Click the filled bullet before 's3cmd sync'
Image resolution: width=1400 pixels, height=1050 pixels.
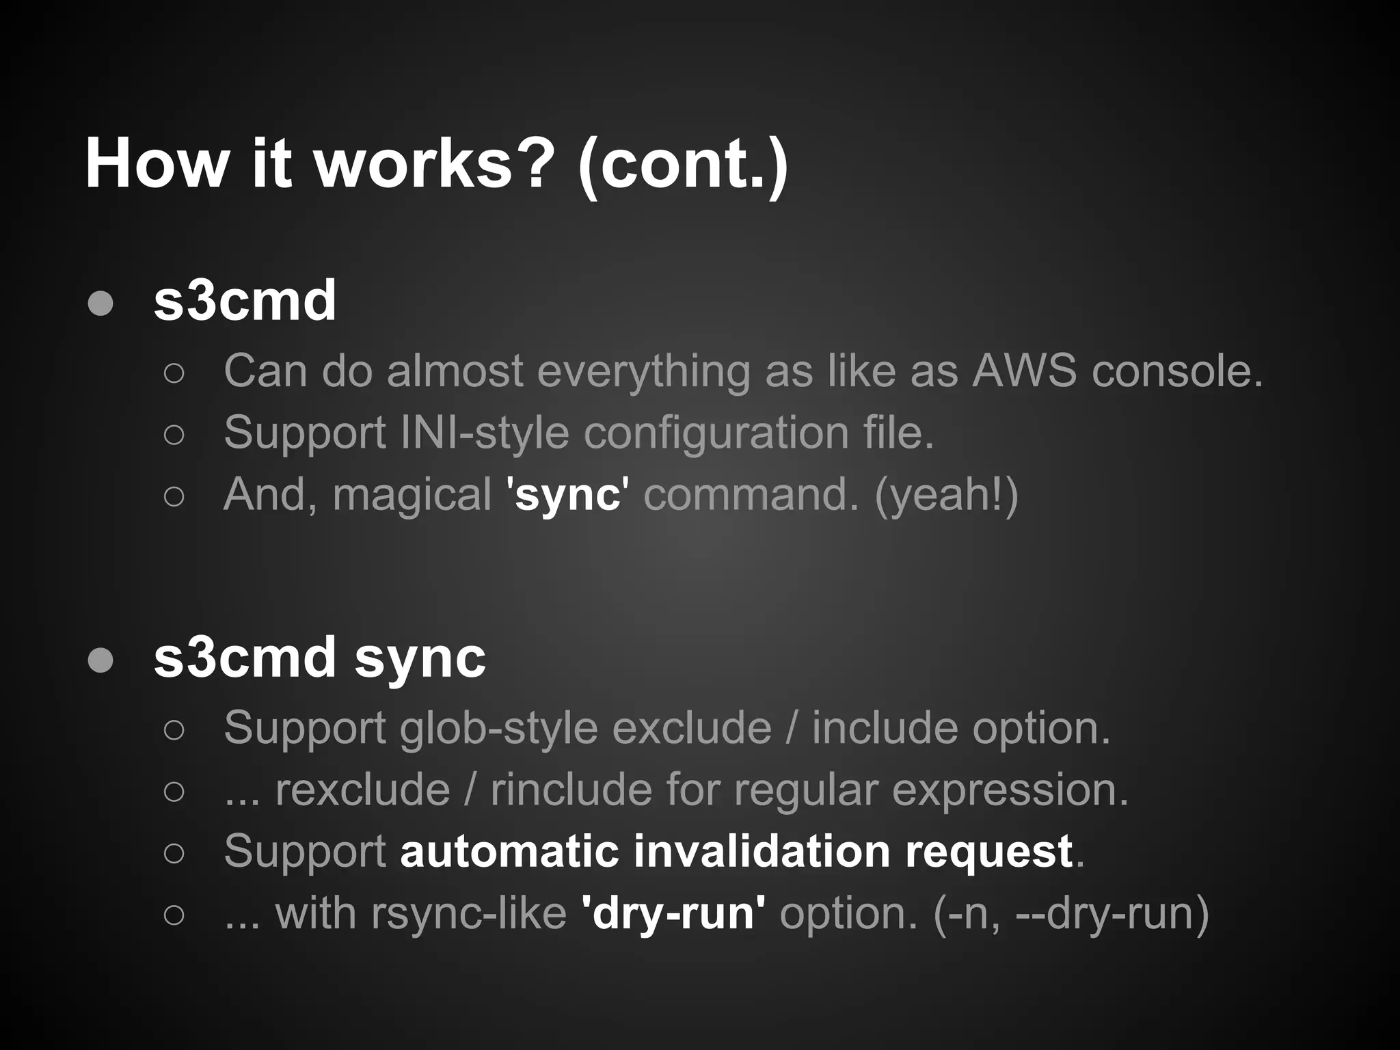tap(101, 660)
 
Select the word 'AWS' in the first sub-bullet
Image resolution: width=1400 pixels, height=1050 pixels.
tap(1023, 371)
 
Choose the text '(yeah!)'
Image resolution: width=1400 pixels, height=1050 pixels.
tap(946, 494)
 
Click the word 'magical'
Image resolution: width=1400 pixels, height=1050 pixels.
tap(412, 495)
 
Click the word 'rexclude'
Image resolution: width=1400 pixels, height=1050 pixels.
tap(362, 790)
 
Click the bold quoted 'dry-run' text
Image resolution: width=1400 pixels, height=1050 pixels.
tap(673, 913)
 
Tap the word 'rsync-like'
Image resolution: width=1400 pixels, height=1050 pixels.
tap(468, 913)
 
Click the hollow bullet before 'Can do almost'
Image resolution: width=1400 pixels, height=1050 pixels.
tap(174, 373)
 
